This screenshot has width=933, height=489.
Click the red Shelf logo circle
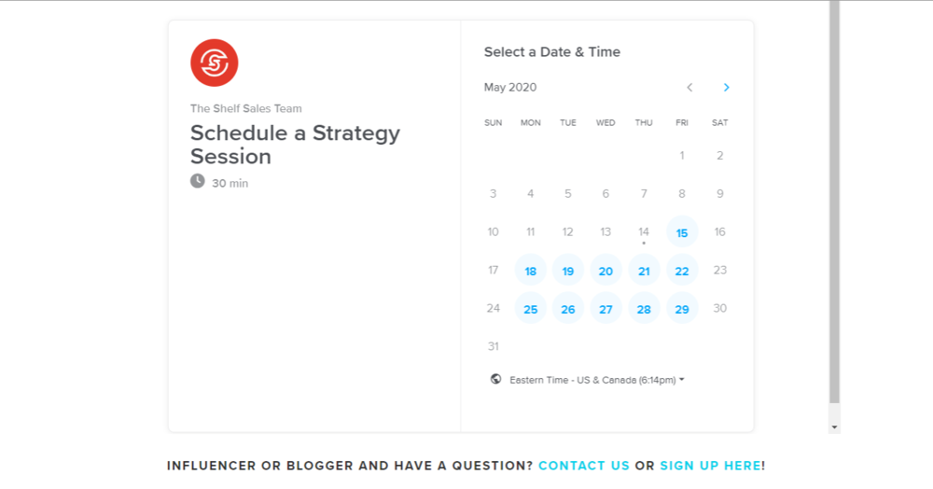click(215, 63)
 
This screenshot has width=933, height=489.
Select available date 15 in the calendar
click(682, 232)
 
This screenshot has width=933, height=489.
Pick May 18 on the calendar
click(530, 271)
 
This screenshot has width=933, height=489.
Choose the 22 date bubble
click(682, 271)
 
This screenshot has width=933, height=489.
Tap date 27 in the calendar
click(606, 309)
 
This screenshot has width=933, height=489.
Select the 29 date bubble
click(682, 309)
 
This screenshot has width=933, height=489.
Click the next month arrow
click(726, 88)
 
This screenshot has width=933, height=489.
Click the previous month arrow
click(689, 88)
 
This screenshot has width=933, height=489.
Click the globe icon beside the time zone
click(495, 379)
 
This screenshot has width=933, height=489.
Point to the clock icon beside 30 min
click(198, 181)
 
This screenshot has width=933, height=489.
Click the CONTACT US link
click(584, 466)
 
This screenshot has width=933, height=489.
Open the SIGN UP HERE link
click(710, 466)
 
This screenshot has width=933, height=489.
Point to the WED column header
click(606, 122)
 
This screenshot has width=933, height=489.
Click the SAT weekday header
click(720, 122)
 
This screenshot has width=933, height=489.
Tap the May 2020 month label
click(510, 88)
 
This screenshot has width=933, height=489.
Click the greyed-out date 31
click(494, 346)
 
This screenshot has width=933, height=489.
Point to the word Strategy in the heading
click(356, 133)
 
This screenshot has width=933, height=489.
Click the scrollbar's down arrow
click(834, 426)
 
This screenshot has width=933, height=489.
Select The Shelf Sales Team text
click(245, 108)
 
